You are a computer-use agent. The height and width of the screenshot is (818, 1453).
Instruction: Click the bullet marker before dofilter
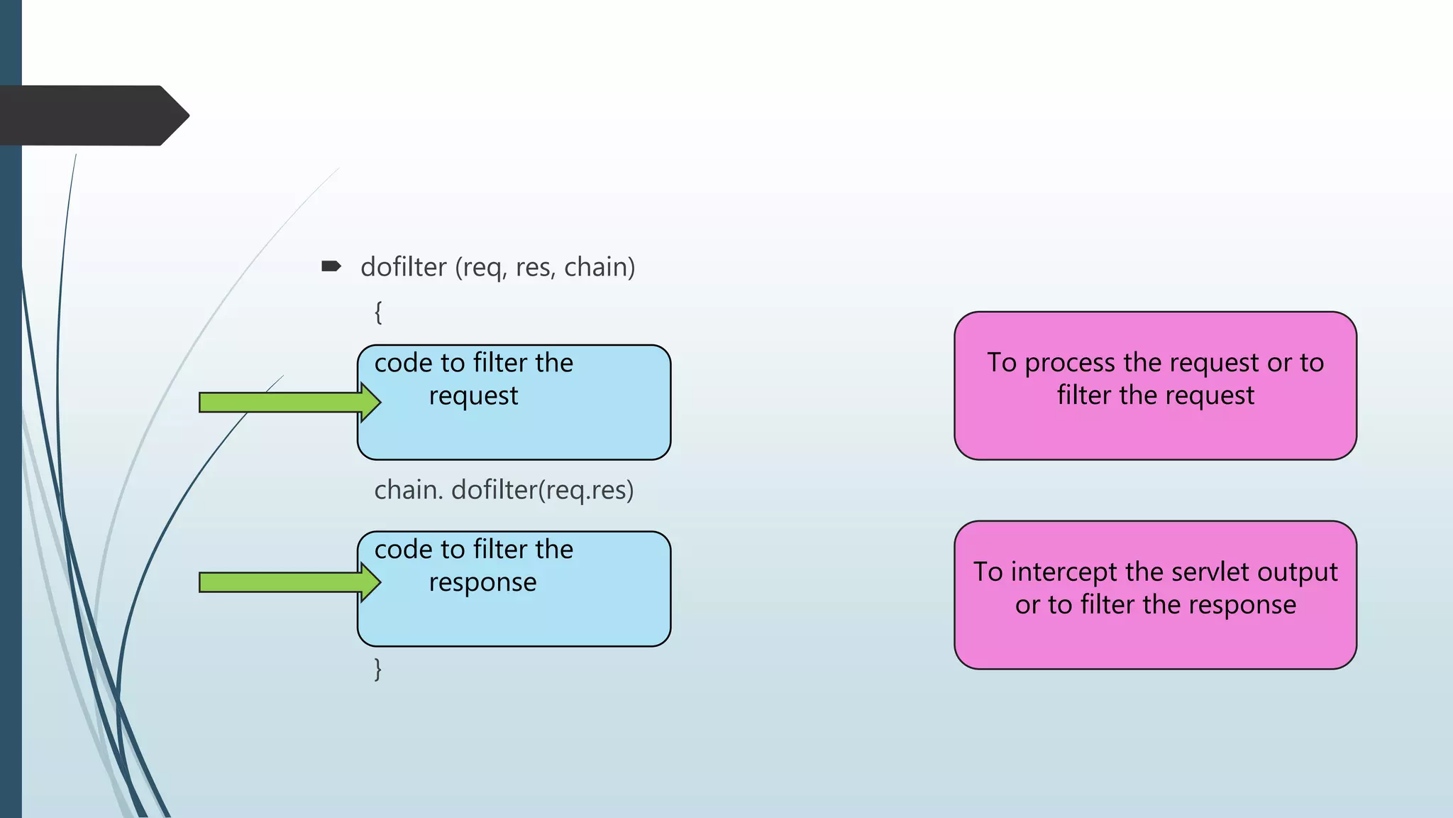[x=331, y=267]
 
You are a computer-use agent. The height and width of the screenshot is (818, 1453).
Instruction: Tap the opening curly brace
[x=378, y=312]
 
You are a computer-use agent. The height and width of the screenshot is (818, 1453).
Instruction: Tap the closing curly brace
[x=378, y=670]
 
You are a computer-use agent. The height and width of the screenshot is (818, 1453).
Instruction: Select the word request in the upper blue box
[x=473, y=396]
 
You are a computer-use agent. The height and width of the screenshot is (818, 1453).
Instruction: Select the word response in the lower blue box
[x=482, y=583]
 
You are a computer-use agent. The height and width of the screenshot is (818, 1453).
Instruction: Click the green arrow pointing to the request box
[x=284, y=403]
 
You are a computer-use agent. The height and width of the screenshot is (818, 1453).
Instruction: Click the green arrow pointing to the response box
[x=284, y=583]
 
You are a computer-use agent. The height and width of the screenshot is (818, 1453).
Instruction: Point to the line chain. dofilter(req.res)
[x=504, y=491]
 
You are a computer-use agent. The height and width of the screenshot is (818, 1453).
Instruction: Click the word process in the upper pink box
[x=1070, y=364]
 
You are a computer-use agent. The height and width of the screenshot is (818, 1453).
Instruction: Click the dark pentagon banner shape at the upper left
[x=92, y=116]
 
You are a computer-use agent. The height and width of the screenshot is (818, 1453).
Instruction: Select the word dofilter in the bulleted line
[x=403, y=268]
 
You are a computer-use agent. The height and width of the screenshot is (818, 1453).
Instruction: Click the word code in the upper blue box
[x=403, y=364]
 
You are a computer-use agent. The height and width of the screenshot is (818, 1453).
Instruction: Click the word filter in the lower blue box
[x=500, y=550]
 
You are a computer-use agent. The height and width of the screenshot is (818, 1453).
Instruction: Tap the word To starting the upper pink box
[x=1002, y=363]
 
